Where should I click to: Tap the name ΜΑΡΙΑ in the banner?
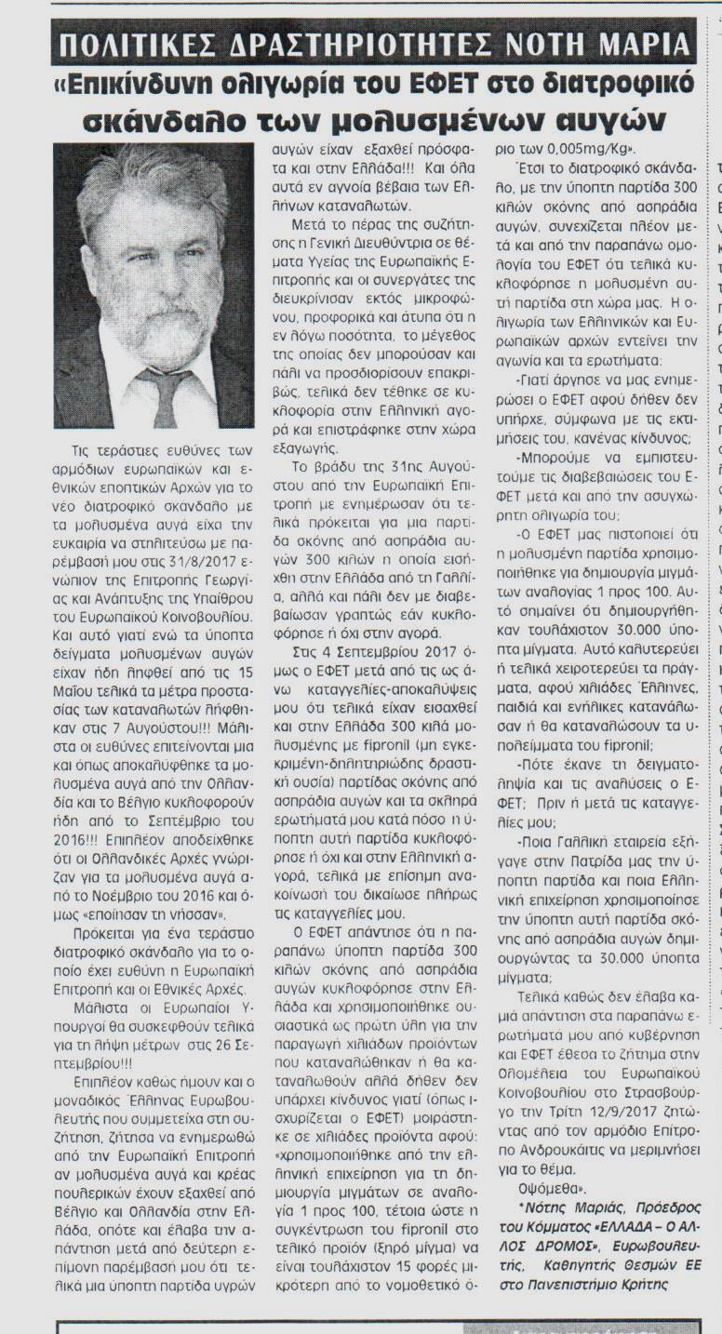coord(642,45)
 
